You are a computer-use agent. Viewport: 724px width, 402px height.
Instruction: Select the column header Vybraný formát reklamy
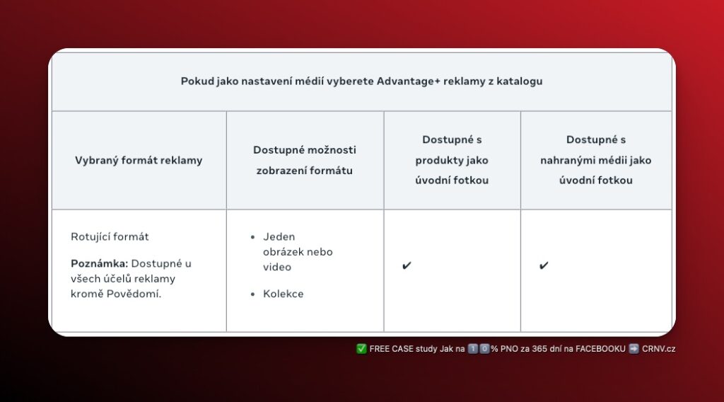point(139,160)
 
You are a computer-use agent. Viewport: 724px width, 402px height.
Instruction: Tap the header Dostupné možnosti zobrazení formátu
point(305,160)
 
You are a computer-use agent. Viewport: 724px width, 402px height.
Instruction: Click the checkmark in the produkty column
point(407,266)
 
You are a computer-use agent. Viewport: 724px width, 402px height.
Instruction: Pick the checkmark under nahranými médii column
point(544,266)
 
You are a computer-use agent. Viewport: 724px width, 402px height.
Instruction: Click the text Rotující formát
point(110,236)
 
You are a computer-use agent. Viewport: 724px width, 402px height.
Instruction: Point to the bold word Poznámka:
point(99,263)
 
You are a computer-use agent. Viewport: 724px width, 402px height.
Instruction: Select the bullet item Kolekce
point(283,294)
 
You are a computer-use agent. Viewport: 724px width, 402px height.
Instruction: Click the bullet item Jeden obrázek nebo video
point(297,252)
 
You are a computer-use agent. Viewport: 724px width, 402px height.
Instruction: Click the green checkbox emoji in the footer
point(361,348)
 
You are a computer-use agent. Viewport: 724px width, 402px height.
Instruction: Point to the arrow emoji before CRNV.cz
point(633,348)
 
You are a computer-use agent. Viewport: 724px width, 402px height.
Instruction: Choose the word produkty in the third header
point(439,160)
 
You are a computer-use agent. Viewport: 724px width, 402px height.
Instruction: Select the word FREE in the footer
point(380,348)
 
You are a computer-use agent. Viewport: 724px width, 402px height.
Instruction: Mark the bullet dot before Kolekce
point(253,294)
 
